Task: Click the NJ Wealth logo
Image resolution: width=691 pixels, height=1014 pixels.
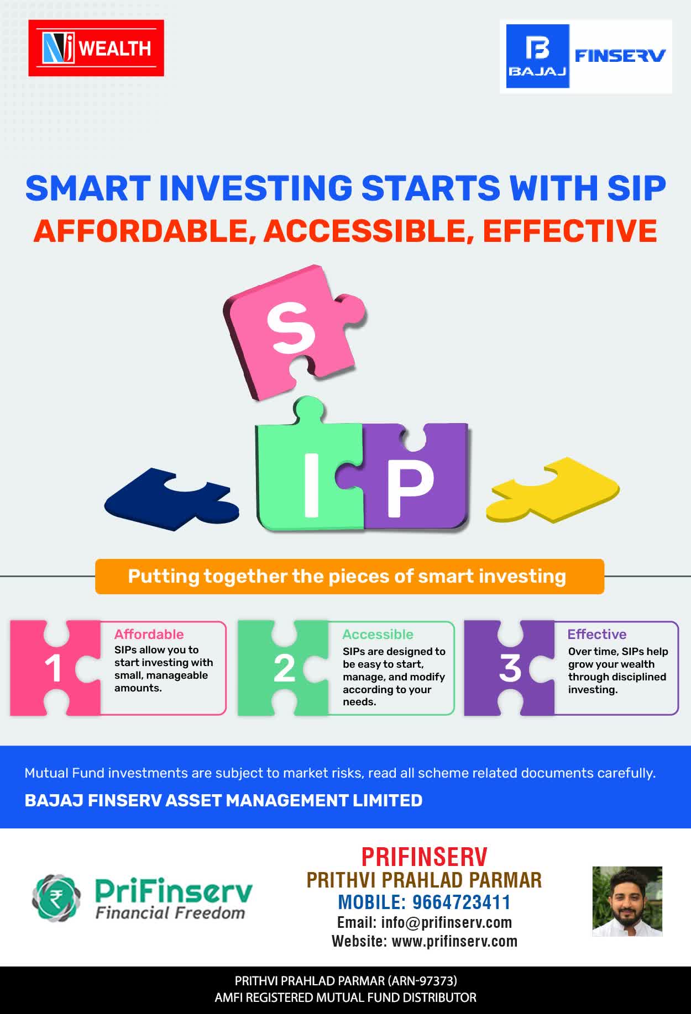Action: pos(96,48)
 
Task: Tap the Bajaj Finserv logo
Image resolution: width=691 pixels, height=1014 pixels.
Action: pos(586,56)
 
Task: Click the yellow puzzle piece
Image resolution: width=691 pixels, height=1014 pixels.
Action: pos(553,490)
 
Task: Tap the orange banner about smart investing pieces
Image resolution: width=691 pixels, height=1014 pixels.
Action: pos(349,577)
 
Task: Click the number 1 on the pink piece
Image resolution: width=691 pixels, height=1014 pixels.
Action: pos(53,669)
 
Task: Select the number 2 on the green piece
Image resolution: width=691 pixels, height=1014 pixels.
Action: pos(284,669)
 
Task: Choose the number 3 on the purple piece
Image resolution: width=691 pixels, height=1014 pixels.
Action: pos(510,668)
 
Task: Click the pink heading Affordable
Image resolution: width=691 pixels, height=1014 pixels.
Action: pos(149,634)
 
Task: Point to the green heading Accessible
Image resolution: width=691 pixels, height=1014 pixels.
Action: pos(378,634)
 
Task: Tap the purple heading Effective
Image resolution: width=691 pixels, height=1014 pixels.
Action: pos(597,634)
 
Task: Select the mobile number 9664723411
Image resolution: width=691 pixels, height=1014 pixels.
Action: pos(462,902)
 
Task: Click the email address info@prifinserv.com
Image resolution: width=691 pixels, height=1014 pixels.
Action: pos(447,922)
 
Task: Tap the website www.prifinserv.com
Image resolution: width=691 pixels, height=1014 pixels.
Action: pos(455,941)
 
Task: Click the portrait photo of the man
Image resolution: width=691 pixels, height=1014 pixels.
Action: pos(627,901)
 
